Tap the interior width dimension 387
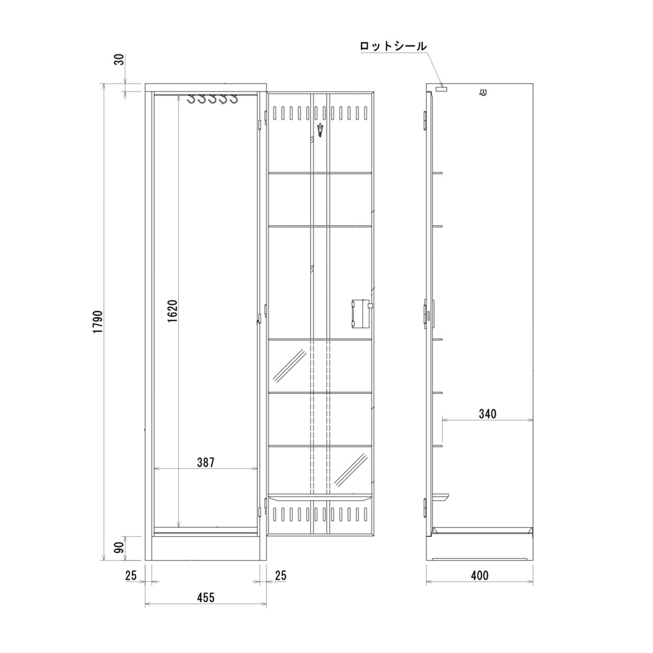click(206, 462)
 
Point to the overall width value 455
click(205, 597)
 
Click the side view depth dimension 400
click(479, 576)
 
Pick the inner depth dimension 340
click(487, 413)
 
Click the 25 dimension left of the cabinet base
click(130, 575)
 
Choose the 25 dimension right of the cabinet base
click(279, 575)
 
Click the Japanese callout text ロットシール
click(393, 46)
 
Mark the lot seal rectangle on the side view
click(442, 88)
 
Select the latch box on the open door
click(360, 312)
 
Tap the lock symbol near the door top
click(319, 129)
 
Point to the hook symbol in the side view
click(483, 93)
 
